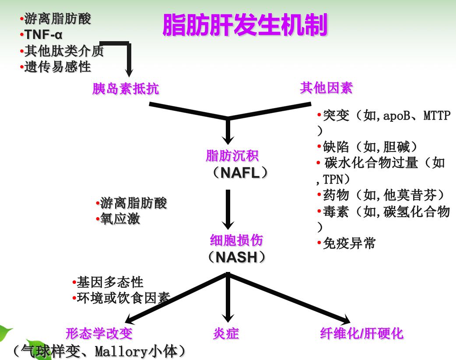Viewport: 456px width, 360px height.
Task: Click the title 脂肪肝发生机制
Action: click(245, 25)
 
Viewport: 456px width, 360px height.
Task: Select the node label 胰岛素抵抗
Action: click(126, 89)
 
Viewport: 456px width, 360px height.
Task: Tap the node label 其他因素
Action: click(326, 88)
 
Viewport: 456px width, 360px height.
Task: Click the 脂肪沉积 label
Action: click(232, 155)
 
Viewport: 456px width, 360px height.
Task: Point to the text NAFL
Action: click(240, 173)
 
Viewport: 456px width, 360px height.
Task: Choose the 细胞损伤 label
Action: click(237, 240)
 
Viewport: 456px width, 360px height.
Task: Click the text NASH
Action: click(236, 257)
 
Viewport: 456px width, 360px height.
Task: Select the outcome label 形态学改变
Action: click(99, 334)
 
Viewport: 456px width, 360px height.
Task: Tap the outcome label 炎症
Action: click(226, 334)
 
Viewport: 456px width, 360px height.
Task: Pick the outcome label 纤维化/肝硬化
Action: click(361, 334)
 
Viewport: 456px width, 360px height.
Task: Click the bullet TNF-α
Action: click(43, 35)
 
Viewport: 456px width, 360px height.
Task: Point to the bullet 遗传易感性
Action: click(57, 67)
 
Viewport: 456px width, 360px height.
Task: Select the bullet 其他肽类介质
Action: click(63, 51)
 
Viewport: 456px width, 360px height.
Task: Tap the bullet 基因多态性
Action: click(109, 282)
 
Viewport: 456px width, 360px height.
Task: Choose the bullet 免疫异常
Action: click(349, 244)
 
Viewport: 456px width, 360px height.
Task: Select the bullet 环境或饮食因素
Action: click(123, 298)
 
